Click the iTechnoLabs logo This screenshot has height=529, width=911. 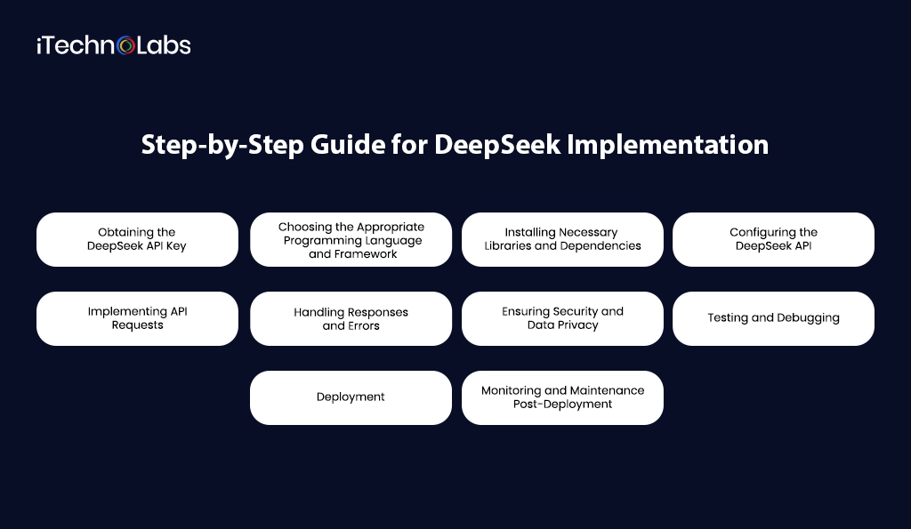(113, 45)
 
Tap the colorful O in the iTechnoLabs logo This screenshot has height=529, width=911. (126, 45)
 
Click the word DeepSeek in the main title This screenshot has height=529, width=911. (497, 145)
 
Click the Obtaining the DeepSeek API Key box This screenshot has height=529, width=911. (137, 239)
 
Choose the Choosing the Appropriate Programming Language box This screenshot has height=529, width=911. (351, 239)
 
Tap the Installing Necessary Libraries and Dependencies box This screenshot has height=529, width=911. (562, 239)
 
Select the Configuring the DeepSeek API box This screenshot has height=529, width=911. (773, 239)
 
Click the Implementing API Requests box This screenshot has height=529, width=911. (137, 318)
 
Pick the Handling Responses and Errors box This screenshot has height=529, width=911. (351, 318)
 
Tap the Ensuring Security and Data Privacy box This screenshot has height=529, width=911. (562, 318)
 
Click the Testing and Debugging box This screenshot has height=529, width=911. (773, 318)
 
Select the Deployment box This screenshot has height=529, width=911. (351, 397)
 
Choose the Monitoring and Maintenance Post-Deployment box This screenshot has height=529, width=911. (562, 397)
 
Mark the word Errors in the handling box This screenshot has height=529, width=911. (363, 326)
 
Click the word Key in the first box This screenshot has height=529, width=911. (176, 246)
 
